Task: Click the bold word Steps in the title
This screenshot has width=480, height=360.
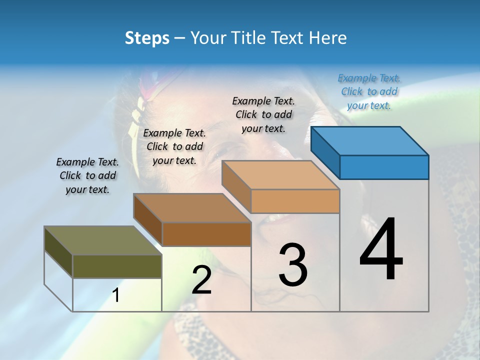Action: coord(147,38)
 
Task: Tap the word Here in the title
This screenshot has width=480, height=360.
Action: coord(328,38)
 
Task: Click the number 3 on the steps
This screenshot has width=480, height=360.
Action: coord(293,264)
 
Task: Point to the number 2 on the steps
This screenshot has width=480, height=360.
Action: coord(201,280)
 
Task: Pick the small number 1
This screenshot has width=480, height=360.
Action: coord(116,295)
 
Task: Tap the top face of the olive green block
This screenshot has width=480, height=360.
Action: coord(103,240)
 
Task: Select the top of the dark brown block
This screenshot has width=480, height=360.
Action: coord(192,208)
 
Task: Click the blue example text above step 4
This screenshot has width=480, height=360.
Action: coord(369,91)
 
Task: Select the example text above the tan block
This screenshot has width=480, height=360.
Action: coord(263,114)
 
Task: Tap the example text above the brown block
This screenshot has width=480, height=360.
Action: coord(174,146)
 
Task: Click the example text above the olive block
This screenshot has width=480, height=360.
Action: coord(87,175)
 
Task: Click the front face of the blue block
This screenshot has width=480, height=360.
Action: coord(384,167)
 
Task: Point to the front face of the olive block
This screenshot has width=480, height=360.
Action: coord(117,266)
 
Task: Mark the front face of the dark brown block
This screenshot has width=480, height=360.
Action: coord(206,234)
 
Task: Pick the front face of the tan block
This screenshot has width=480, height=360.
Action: coord(295,201)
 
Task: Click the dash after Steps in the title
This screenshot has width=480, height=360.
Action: coord(180,38)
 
